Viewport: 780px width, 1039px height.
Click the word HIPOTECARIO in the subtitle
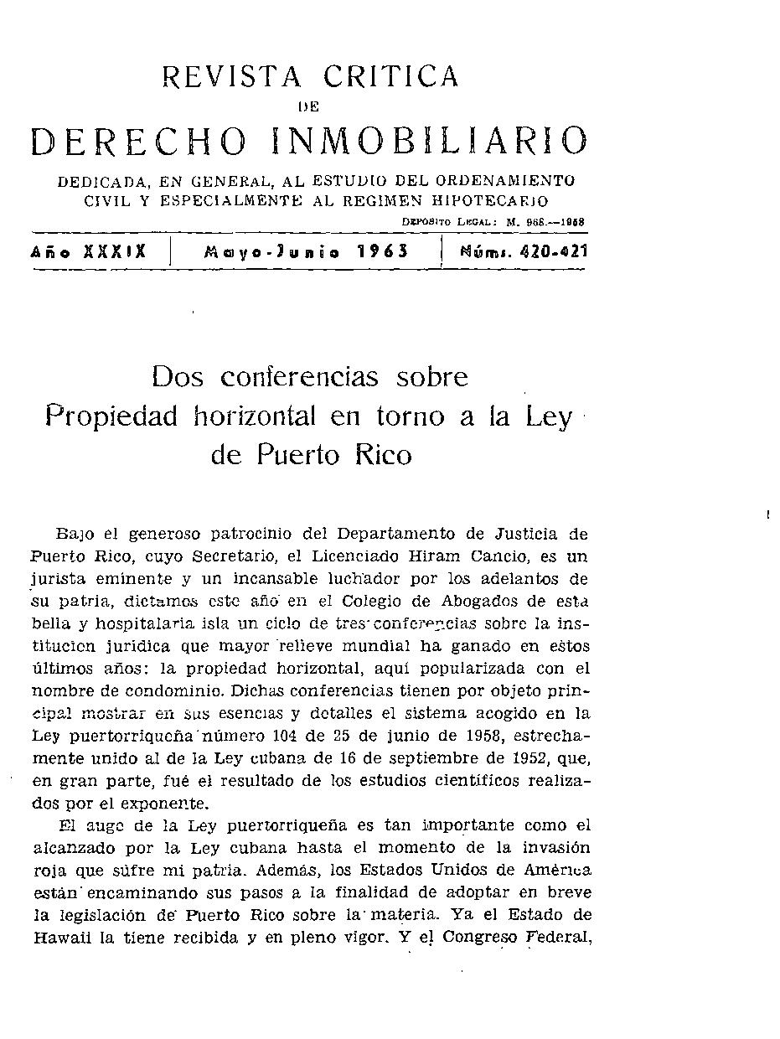pos(478,201)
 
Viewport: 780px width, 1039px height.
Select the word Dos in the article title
pos(178,377)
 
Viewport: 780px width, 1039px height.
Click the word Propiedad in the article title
pos(111,416)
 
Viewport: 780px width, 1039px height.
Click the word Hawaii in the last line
pos(62,939)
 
